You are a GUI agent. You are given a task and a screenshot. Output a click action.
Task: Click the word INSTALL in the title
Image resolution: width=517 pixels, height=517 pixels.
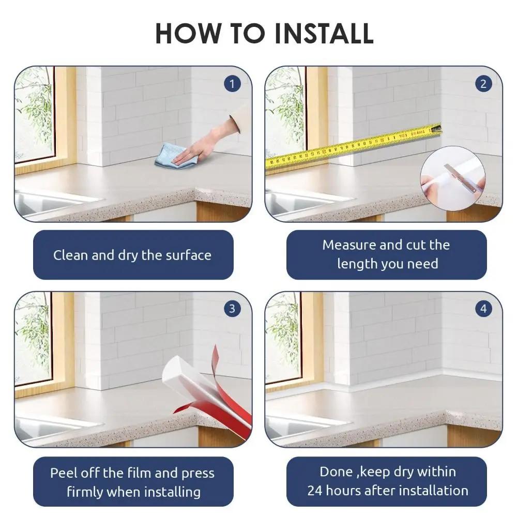(324, 33)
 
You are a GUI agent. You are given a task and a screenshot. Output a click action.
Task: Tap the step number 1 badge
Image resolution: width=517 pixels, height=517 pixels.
(232, 84)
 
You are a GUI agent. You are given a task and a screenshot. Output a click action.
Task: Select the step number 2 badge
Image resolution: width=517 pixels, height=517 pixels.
(483, 84)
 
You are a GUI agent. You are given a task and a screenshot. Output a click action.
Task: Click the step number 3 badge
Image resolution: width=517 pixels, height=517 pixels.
(232, 309)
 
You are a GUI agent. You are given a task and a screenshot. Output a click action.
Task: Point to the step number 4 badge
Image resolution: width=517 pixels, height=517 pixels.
(483, 309)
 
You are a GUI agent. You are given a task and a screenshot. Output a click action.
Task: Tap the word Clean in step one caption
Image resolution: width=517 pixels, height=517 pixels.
(71, 255)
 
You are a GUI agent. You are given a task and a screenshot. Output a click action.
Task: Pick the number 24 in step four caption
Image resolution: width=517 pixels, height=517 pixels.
(315, 490)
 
